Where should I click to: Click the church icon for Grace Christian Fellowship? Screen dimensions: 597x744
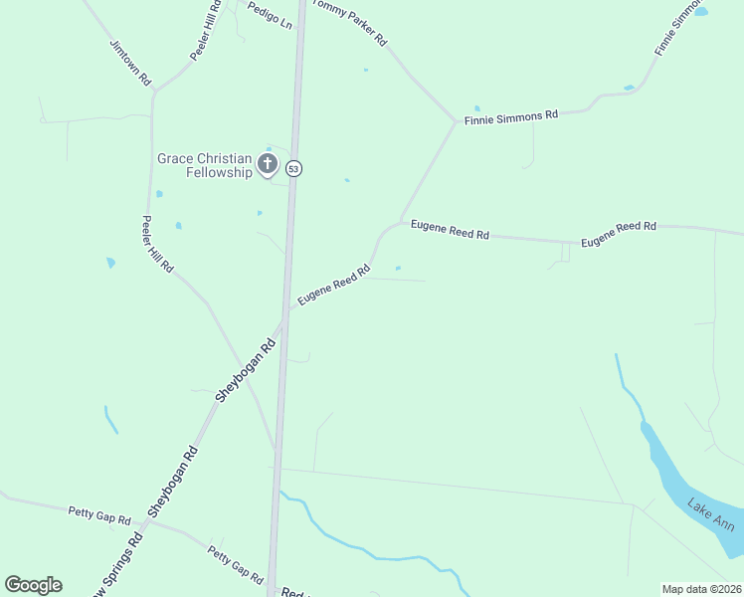point(267,163)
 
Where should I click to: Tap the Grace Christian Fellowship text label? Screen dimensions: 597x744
point(205,165)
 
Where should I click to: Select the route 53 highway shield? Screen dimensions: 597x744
point(293,169)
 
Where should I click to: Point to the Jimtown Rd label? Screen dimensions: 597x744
point(130,63)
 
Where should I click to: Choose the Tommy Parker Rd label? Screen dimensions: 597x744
point(349,23)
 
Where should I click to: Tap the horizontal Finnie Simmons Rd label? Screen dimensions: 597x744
point(511,117)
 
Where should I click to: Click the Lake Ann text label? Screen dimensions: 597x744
point(710,515)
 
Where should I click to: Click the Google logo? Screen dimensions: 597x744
point(34,585)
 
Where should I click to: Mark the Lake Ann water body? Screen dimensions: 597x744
point(686,487)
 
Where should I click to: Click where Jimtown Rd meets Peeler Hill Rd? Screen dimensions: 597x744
point(154,94)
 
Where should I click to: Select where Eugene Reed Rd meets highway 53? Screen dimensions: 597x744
point(287,308)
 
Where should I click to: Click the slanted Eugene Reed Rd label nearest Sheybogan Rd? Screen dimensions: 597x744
point(333,285)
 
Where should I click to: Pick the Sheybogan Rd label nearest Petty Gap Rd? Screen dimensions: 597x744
point(174,482)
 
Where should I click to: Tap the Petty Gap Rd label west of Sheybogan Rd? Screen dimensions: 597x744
point(99,515)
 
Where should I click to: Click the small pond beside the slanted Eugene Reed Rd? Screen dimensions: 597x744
point(398,268)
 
